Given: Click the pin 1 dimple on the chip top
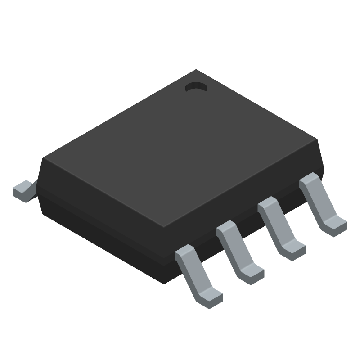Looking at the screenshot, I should coord(196,88).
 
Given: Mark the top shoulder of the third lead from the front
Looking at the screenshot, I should coord(268,205).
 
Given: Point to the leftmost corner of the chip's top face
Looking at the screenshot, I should coord(43,158).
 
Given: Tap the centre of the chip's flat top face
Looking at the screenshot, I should coord(180,148).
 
